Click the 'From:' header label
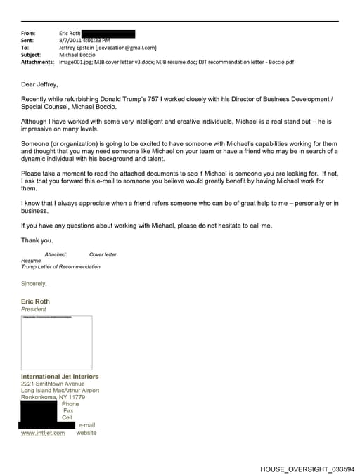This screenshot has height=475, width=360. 28,33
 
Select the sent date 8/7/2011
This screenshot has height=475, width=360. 71,40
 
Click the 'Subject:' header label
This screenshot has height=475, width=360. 31,54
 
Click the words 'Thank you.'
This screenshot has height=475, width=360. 37,240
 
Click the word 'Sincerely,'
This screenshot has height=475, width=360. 34,284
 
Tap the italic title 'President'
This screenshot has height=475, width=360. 34,309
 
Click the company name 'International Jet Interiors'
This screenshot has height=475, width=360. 60,377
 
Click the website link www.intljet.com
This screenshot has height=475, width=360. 43,433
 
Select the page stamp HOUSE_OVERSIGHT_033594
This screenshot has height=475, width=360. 307,469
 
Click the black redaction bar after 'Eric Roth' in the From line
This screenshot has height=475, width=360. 108,33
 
